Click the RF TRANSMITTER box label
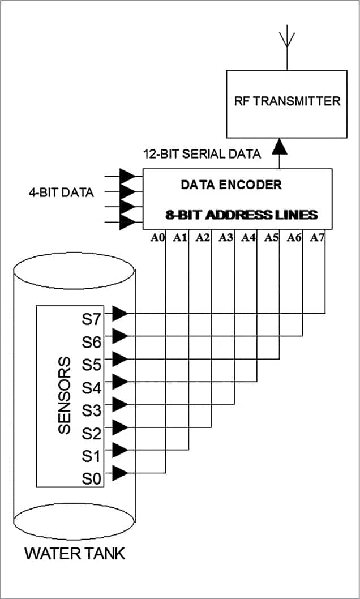pos(287,101)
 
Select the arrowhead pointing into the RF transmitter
pos(278,148)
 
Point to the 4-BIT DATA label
pos(61,192)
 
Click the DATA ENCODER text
pos(231,185)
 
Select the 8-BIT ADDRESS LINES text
pos(240,215)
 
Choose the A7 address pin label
pos(317,238)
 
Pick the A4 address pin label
pos(248,238)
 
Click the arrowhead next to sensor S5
pos(120,359)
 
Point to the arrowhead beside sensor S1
pos(120,450)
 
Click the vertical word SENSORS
pos(65,395)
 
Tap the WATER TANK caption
pos(75,553)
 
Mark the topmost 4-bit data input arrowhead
pos(128,176)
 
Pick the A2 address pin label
pos(203,238)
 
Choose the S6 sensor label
pos(92,341)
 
